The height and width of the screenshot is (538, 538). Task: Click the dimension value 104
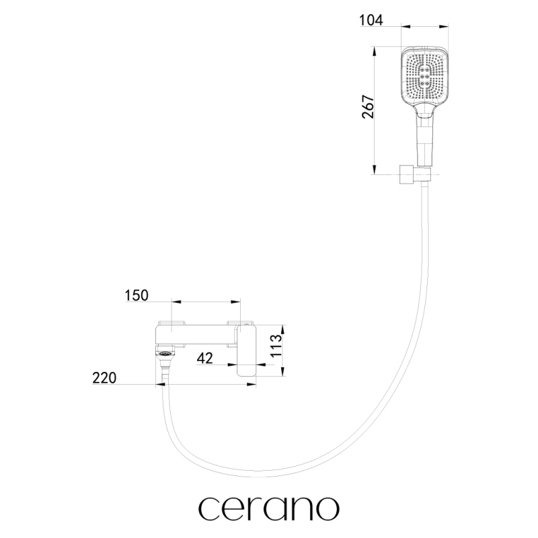pyautogui.click(x=371, y=20)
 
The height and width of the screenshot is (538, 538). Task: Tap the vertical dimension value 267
pyautogui.click(x=368, y=107)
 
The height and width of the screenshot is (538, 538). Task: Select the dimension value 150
pyautogui.click(x=137, y=295)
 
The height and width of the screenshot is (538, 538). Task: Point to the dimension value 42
pyautogui.click(x=205, y=358)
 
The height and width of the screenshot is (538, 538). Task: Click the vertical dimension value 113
pyautogui.click(x=276, y=345)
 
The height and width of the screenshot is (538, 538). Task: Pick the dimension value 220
pyautogui.click(x=104, y=378)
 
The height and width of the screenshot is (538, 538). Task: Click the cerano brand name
pyautogui.click(x=269, y=508)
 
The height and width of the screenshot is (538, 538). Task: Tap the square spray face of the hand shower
pyautogui.click(x=425, y=75)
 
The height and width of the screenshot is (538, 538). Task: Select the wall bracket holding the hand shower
pyautogui.click(x=414, y=174)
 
